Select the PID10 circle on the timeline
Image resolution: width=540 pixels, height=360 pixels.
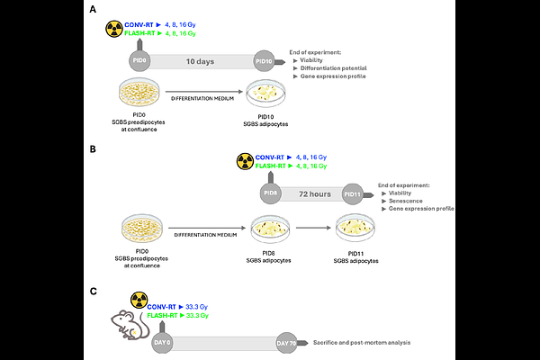coord(264,61)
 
